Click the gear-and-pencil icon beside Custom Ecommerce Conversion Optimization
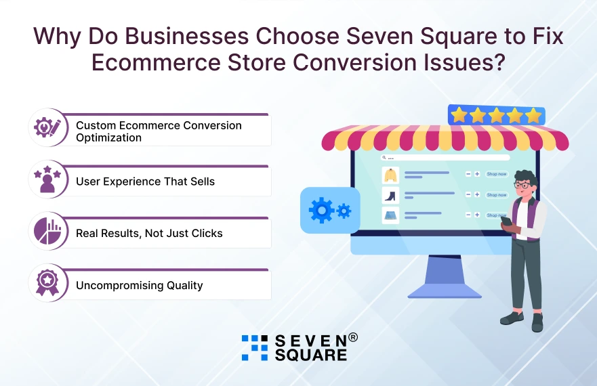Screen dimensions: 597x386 47,127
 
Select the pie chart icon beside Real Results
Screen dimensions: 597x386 47,231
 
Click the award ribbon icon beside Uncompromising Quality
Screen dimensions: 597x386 47,283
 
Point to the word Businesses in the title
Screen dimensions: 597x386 187,36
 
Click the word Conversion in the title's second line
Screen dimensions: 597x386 354,62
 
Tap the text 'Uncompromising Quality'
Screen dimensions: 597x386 140,285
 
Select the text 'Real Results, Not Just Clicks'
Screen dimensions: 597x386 149,233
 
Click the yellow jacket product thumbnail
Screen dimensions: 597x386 390,175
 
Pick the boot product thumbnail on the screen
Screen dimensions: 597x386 390,196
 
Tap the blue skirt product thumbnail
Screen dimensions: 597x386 390,215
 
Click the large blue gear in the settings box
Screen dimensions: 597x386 322,210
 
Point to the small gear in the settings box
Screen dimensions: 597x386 344,211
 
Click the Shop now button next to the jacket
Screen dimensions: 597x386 497,174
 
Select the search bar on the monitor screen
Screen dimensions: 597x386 445,157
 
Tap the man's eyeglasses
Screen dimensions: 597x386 523,186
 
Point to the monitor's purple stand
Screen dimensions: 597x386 445,277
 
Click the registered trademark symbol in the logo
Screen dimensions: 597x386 353,337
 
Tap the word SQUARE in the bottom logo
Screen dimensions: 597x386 310,355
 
